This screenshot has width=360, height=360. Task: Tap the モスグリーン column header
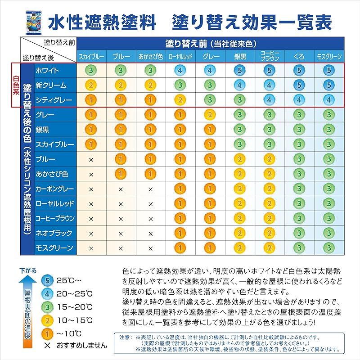(x=329, y=57)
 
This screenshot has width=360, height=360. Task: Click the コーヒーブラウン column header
(x=270, y=57)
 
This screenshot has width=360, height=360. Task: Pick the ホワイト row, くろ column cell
(x=299, y=70)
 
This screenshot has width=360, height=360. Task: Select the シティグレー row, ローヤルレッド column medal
(x=180, y=100)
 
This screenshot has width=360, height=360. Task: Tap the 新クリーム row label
(x=51, y=85)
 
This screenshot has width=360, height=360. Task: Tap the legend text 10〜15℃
(x=75, y=320)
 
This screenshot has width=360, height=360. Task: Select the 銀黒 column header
(x=240, y=57)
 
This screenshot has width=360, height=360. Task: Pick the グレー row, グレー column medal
(x=210, y=115)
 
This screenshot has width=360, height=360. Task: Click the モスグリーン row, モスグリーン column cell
(x=329, y=248)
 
